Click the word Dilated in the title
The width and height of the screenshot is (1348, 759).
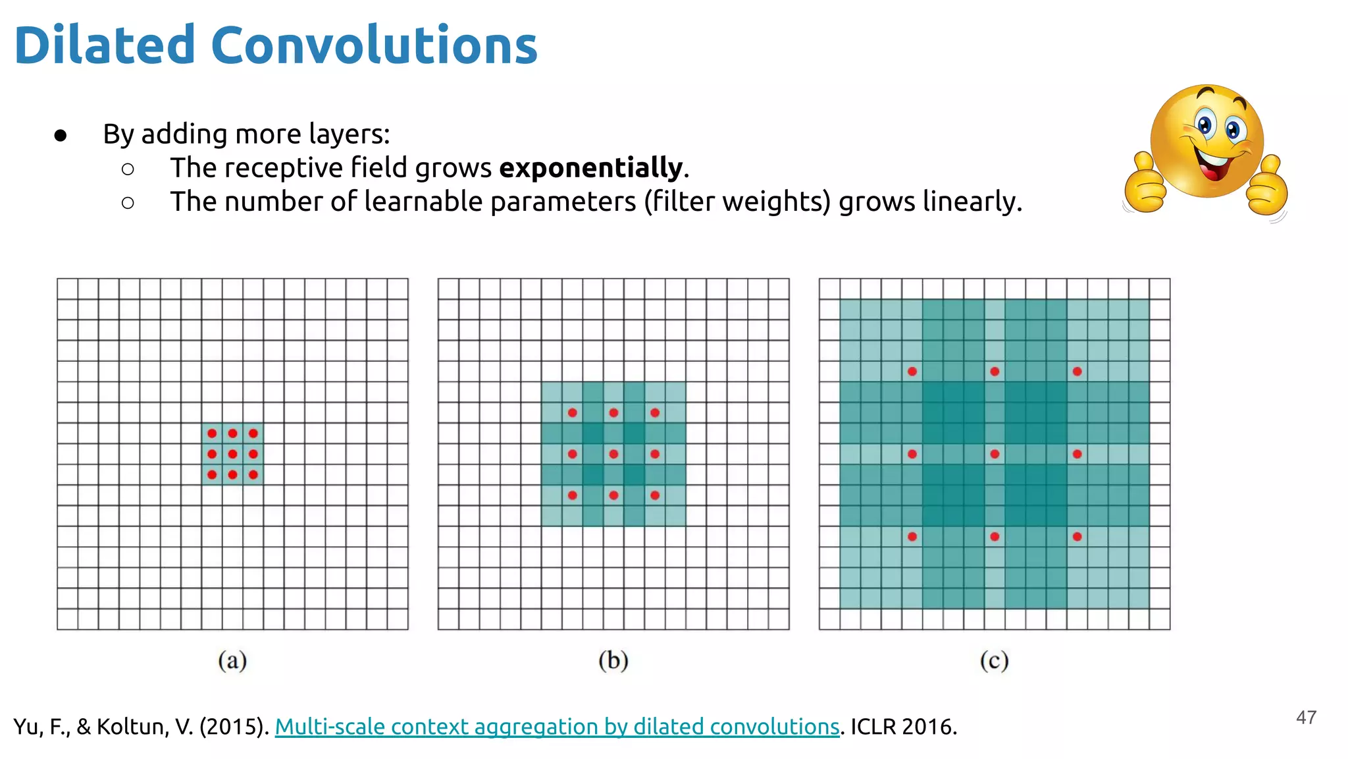coord(105,45)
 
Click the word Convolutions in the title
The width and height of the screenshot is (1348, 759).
coord(374,45)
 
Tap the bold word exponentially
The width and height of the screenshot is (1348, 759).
coord(590,167)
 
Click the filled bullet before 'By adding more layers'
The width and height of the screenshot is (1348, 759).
coord(61,136)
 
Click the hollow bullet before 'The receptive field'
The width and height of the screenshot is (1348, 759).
coord(128,169)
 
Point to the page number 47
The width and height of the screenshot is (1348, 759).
coord(1306,717)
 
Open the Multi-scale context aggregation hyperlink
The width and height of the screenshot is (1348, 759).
coord(557,727)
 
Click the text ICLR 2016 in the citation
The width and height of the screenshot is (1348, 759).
coord(902,727)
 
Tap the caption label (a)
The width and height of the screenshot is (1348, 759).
coord(232,660)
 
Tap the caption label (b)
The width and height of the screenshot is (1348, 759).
coord(613,660)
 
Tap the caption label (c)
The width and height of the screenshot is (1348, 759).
coord(994,660)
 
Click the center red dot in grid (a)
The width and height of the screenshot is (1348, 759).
coord(232,454)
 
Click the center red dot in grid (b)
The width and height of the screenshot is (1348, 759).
coord(613,454)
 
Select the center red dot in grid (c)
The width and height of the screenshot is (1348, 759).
coord(995,454)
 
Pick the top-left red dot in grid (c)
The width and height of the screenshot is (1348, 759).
coord(912,372)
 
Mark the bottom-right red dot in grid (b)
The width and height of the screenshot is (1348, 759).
coord(655,495)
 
